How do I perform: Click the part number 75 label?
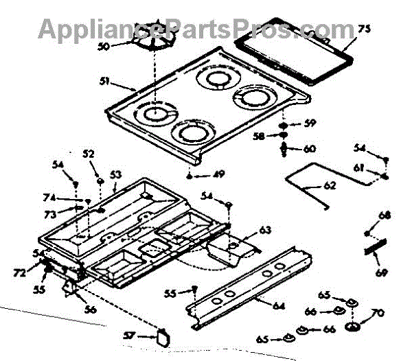363,29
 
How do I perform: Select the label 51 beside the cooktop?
104,82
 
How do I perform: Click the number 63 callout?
265,229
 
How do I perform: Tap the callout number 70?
376,316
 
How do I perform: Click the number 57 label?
141,337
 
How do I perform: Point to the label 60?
309,148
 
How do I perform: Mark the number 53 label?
115,175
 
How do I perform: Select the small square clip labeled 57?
162,336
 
